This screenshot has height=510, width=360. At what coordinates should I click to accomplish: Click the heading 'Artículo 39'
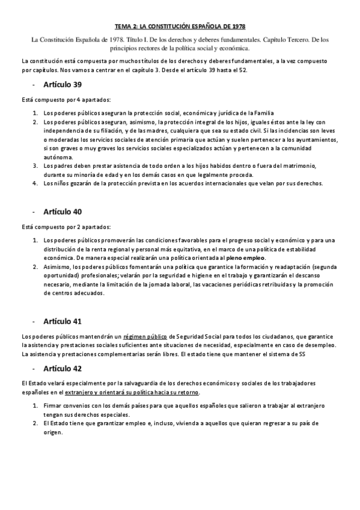click(63, 84)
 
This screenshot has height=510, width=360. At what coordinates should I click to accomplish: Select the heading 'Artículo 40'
click(63, 212)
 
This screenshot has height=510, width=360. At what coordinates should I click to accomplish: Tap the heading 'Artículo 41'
click(63, 321)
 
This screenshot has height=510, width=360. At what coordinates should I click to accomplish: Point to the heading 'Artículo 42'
click(63, 368)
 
